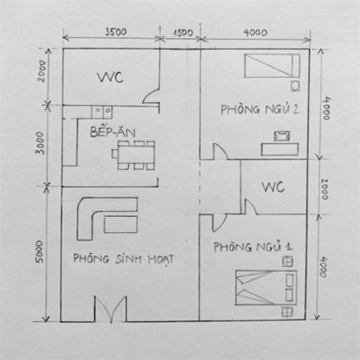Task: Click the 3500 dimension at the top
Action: [x=116, y=32]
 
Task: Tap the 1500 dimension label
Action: [x=183, y=33]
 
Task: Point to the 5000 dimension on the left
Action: [x=39, y=251]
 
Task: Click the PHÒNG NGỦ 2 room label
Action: [x=260, y=109]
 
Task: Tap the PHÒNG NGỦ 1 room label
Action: [x=253, y=247]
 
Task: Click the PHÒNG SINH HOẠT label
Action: [x=124, y=259]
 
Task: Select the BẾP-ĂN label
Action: [x=113, y=131]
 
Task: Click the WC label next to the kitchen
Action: [x=110, y=77]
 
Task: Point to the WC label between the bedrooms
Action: [x=273, y=187]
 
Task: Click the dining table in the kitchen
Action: [x=136, y=155]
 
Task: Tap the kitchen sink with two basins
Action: [x=102, y=112]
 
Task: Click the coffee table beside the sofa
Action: [x=121, y=224]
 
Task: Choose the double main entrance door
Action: [x=111, y=309]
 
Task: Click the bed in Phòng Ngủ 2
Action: [x=272, y=66]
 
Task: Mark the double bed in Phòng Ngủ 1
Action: [x=266, y=288]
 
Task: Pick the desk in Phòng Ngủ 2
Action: [x=280, y=149]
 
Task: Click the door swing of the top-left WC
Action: [x=150, y=96]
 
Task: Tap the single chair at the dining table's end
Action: [x=115, y=154]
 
